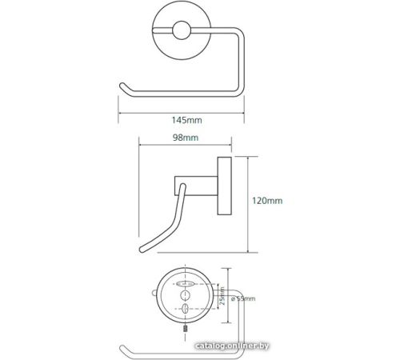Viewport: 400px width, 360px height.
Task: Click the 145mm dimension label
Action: [186, 120]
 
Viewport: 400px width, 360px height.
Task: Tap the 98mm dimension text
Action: [186, 138]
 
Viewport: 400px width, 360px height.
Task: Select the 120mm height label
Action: [267, 201]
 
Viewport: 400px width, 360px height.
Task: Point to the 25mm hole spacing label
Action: [222, 296]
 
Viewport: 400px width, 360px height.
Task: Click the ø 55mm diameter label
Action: [243, 298]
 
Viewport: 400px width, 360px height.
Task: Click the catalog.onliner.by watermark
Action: [232, 346]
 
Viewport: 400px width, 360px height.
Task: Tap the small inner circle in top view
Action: [182, 30]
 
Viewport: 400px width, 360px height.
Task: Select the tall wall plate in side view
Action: [225, 186]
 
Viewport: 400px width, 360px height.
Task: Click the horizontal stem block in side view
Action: [196, 186]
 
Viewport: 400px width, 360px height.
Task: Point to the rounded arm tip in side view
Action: [142, 250]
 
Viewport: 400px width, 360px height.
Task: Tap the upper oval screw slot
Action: [185, 284]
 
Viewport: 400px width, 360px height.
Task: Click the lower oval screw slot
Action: [185, 309]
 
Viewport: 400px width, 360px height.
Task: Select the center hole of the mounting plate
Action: [185, 296]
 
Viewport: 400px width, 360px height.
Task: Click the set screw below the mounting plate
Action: [185, 328]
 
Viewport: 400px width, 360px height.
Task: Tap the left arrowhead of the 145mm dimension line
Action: [120, 113]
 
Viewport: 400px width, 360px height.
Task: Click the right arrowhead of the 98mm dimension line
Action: [230, 145]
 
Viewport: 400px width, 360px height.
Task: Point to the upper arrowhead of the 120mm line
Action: [248, 158]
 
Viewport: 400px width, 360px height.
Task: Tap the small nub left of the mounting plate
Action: [154, 294]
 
